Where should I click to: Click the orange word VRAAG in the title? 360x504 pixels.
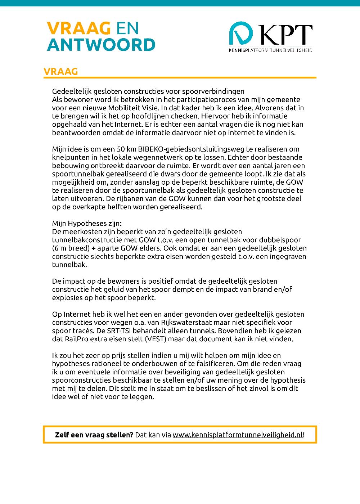[78, 28]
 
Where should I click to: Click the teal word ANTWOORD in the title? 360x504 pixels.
[101, 45]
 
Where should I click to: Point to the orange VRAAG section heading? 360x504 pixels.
[60, 72]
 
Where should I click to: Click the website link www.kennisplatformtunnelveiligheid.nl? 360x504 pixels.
[238, 435]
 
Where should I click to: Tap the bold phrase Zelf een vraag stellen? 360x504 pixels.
[94, 435]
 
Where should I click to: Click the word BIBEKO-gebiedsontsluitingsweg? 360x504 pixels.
[191, 149]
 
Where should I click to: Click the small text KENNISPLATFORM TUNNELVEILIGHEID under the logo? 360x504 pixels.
[270, 50]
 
